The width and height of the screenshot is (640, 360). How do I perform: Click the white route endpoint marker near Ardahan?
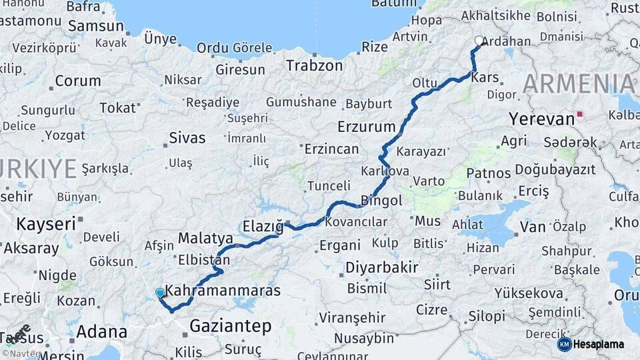coord(479,41)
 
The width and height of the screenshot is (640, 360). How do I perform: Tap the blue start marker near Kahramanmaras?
coord(160,293)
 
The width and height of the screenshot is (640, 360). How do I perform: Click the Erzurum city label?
coord(367,126)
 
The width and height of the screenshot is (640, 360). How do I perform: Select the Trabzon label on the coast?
coord(314,65)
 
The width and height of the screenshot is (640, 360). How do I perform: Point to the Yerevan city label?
coord(541,119)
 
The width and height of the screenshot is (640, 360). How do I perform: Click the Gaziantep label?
coord(230,326)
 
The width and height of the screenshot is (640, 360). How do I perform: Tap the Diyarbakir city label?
coord(381,267)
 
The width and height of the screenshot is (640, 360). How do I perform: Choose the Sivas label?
coord(187,138)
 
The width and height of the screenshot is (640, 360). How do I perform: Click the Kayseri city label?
coord(45,223)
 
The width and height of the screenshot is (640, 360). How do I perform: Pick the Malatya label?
coord(205,239)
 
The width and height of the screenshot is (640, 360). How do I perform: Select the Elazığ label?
coord(263,224)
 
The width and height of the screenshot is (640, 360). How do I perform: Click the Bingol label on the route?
coord(381,200)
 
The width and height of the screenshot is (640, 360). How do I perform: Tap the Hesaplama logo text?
coord(599,344)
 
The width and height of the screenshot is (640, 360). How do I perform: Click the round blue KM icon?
coord(565,344)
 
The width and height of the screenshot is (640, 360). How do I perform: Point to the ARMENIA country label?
coord(579,84)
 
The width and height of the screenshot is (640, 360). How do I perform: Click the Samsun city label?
coord(96,27)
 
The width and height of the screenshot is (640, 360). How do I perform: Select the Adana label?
coord(101,331)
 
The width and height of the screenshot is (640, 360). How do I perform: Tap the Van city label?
coord(533,227)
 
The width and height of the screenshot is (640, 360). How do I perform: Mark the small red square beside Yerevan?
coord(580,114)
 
